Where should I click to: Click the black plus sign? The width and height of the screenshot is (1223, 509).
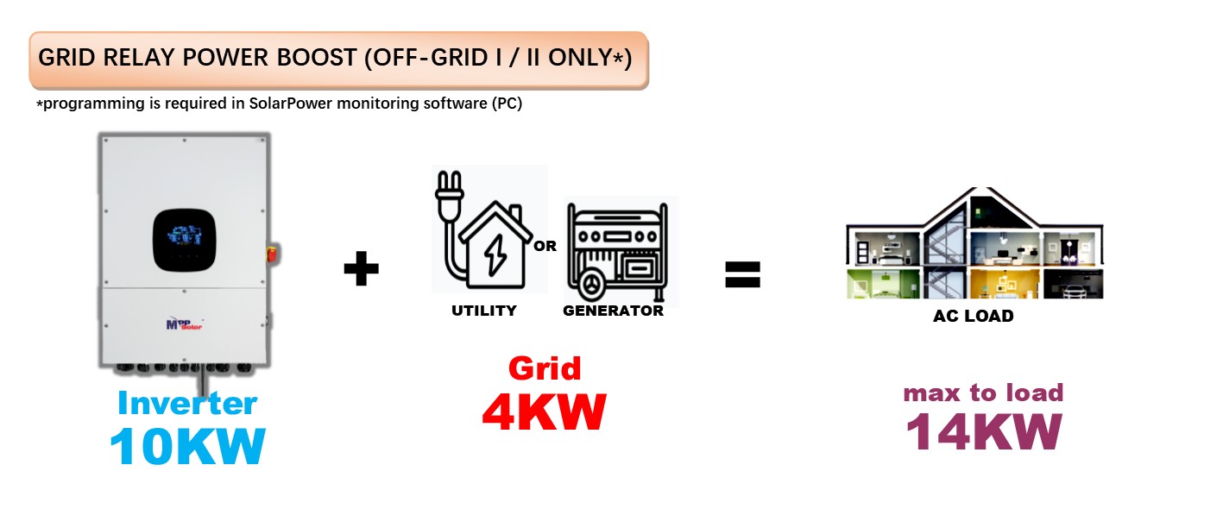point(361,270)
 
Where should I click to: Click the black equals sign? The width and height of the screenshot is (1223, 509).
point(742,274)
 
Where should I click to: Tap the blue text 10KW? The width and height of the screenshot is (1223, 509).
point(187,446)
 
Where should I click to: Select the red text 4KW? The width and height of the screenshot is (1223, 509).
point(544,412)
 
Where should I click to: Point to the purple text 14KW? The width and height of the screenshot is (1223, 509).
point(983,430)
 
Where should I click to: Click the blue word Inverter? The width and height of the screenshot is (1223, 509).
point(187,403)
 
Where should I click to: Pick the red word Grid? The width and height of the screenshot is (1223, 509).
point(544,368)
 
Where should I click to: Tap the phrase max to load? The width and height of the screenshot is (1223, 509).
point(983,393)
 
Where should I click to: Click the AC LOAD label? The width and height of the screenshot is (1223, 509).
point(973,317)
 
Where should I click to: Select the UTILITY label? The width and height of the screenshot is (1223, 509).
point(484,311)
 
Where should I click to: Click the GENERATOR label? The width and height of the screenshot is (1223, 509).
point(613,311)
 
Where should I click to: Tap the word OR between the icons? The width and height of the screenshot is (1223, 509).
point(545,246)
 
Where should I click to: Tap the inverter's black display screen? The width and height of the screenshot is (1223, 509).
point(184,237)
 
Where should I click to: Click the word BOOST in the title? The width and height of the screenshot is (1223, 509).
point(303,58)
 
